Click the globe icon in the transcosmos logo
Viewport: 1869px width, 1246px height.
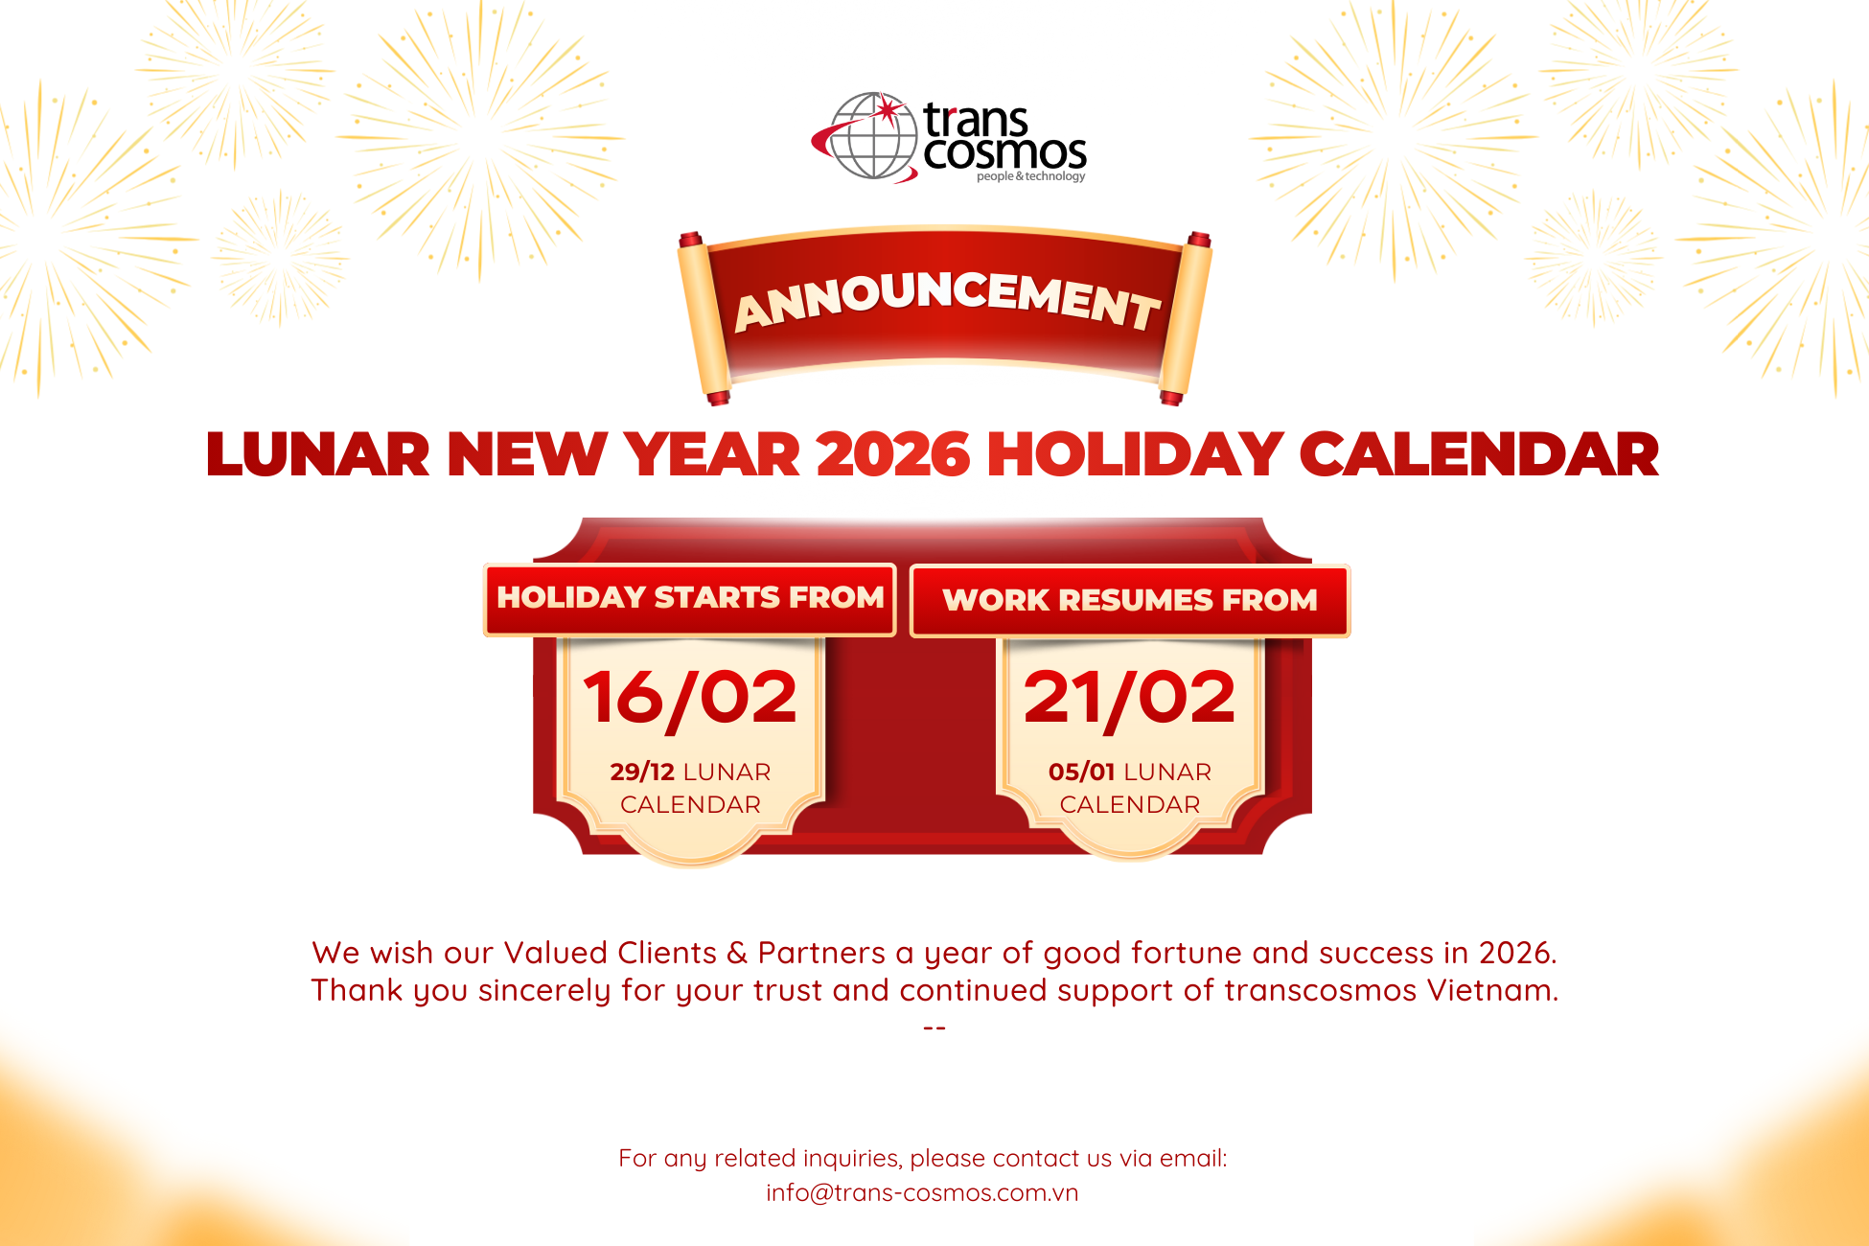[867, 136]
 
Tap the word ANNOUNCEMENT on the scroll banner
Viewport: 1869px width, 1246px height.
[947, 301]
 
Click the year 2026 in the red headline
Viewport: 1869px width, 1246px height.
[893, 453]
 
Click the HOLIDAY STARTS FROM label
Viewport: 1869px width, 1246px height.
[690, 597]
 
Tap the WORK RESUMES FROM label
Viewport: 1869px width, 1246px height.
[1130, 600]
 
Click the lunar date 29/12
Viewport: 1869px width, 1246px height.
[642, 772]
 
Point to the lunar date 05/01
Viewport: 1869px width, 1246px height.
[1082, 772]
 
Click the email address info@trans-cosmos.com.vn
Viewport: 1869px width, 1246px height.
[922, 1192]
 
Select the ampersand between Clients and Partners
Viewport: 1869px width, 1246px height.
[737, 953]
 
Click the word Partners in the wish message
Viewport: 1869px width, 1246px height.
[821, 953]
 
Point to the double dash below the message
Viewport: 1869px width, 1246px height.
[934, 1027]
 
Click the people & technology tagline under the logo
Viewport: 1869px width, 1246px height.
[1031, 176]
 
